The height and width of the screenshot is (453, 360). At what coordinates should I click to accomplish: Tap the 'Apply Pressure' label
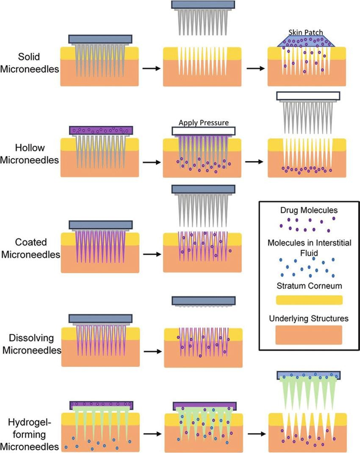tap(203, 122)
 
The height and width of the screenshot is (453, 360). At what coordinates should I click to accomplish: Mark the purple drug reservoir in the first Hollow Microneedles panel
tap(101, 131)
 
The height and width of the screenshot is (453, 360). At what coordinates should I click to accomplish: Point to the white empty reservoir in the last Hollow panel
tap(309, 96)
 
